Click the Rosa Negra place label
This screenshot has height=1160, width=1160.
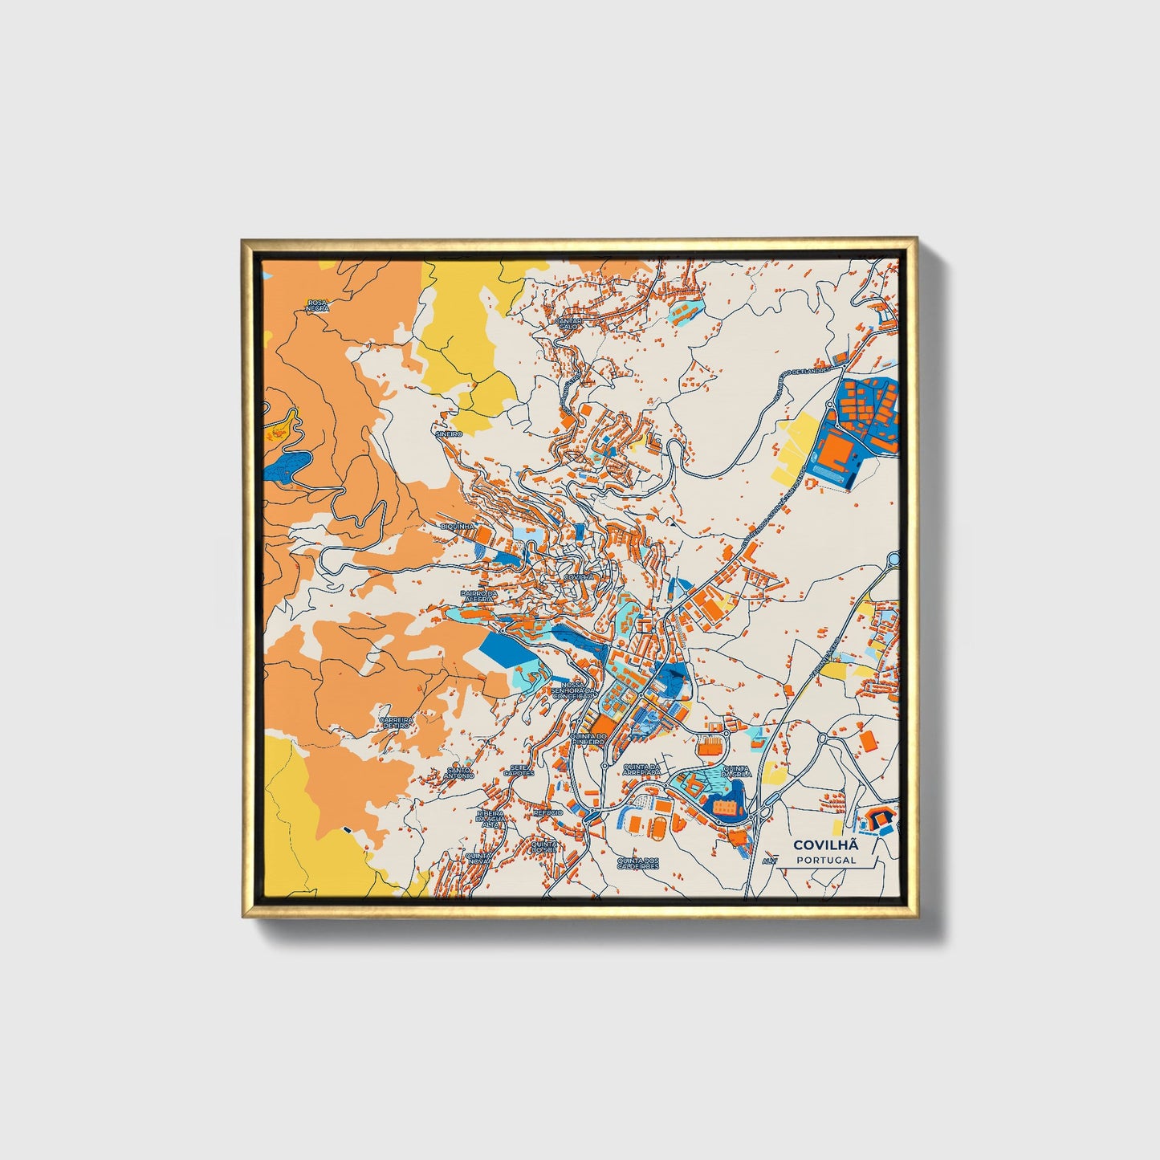click(x=317, y=306)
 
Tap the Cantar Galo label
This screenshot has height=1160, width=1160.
click(x=568, y=323)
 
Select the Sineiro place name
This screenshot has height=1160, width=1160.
click(x=449, y=433)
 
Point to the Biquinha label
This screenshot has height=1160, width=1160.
click(x=458, y=526)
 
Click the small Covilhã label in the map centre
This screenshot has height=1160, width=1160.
click(x=579, y=577)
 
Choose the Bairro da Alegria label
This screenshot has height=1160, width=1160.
click(x=480, y=596)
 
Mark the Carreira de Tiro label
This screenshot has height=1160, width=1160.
click(x=397, y=722)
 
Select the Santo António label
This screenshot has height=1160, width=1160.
click(x=459, y=772)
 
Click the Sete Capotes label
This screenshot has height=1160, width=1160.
click(x=521, y=771)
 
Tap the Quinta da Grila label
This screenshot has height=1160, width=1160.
click(x=736, y=771)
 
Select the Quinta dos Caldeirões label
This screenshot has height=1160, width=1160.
click(x=637, y=863)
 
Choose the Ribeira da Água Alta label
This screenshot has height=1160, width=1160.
click(x=490, y=818)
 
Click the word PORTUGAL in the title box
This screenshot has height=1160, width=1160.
click(x=826, y=860)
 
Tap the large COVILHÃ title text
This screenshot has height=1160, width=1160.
click(x=826, y=845)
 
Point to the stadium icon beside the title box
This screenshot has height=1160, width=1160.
click(x=878, y=820)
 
